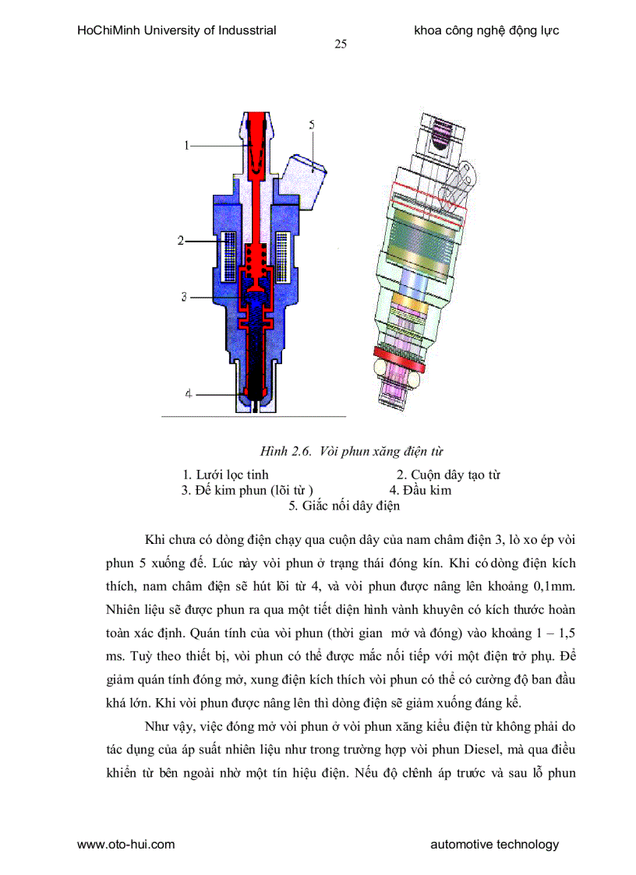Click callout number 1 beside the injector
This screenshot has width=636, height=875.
(187, 144)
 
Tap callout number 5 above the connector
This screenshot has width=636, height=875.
(311, 125)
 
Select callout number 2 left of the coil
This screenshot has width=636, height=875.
(179, 241)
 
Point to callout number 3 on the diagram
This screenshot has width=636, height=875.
(184, 296)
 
